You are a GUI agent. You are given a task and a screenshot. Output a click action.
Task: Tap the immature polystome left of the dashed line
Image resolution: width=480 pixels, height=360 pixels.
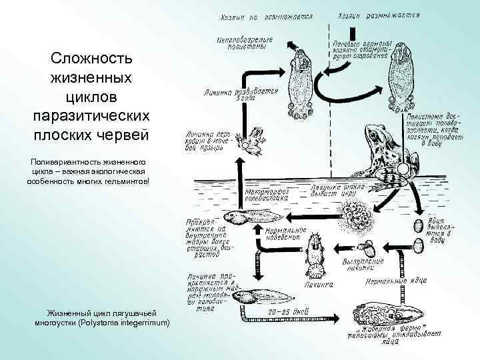(298, 77)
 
